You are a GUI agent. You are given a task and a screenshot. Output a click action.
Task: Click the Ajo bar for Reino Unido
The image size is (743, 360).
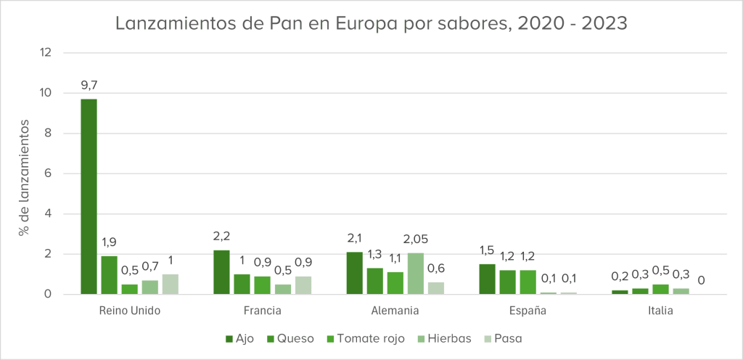(89, 196)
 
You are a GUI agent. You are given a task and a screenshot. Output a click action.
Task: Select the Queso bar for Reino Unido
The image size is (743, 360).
(109, 274)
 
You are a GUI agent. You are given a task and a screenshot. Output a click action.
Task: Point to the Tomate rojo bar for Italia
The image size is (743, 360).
(660, 290)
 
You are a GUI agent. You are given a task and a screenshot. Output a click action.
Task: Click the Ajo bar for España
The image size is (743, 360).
(487, 279)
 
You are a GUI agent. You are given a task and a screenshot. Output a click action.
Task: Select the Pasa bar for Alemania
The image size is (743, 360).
(436, 288)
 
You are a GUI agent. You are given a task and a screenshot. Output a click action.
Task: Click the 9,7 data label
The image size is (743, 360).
(89, 85)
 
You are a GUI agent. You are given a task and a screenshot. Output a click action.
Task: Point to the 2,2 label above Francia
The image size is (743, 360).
(221, 236)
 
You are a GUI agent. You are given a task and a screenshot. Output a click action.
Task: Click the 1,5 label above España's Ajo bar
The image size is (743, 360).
(487, 250)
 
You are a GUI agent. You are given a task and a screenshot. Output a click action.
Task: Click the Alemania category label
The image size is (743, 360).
(395, 311)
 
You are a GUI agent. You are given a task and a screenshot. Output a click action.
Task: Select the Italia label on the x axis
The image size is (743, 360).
(660, 311)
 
